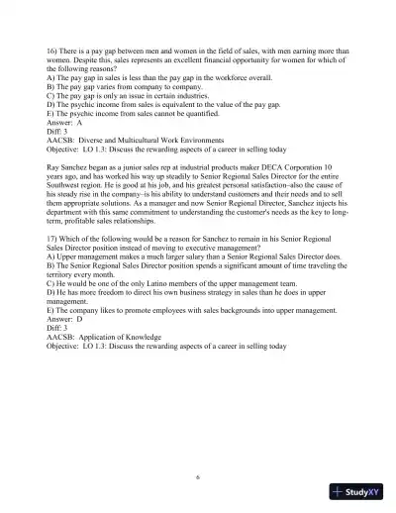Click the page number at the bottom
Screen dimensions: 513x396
click(x=198, y=474)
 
